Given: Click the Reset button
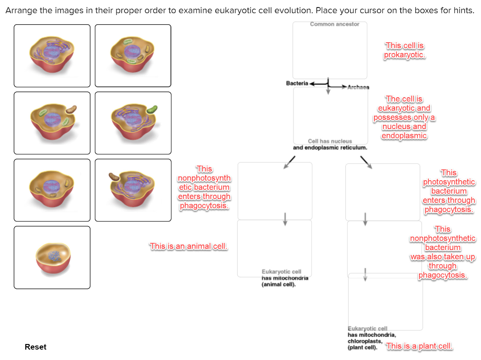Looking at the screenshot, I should click(36, 347).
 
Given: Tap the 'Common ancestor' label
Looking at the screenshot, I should click(334, 24).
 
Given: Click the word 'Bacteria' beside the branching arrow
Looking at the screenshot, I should click(297, 83).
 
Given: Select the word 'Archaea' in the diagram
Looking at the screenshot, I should click(358, 87).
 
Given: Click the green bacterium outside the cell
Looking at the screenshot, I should click(152, 109).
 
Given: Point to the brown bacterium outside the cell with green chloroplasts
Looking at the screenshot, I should click(71, 109).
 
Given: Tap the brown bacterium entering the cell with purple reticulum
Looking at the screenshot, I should click(114, 176).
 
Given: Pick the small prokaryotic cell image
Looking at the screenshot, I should click(52, 257).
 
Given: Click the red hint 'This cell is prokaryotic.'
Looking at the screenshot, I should click(404, 51).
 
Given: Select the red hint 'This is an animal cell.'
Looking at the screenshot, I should click(188, 246).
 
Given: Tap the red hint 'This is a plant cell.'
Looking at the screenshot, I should click(419, 346).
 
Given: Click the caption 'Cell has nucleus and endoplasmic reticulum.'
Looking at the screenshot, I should click(330, 144).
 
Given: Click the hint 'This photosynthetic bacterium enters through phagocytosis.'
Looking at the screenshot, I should click(449, 191).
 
